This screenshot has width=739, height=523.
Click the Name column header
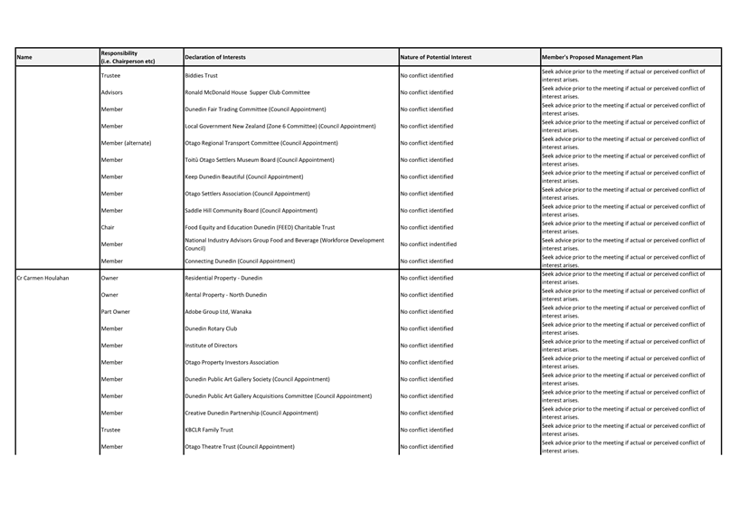24,57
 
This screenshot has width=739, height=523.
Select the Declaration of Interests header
214,57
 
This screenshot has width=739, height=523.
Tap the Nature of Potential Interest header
435,57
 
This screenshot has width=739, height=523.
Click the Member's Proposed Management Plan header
592,57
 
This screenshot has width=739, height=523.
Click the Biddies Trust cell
201,76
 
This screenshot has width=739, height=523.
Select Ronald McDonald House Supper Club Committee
247,92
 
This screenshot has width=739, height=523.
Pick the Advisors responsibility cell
112,92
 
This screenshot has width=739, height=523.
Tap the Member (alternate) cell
126,143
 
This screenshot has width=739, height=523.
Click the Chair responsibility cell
108,227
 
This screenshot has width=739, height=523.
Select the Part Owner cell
116,311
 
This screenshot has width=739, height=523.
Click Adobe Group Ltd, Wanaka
218,311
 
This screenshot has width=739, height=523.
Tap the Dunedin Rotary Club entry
211,328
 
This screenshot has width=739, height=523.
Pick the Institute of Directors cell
211,346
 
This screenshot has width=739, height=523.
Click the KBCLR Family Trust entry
209,430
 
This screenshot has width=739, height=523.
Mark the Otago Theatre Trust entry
239,447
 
